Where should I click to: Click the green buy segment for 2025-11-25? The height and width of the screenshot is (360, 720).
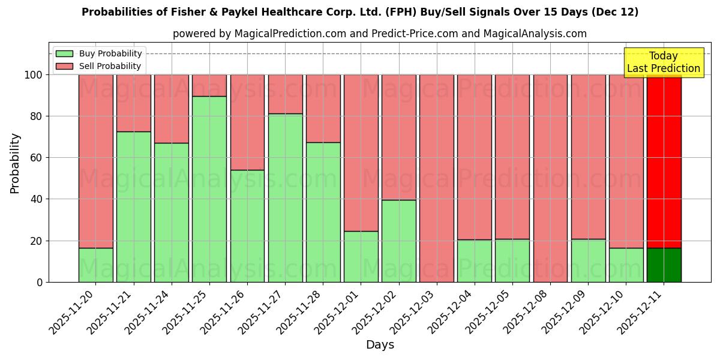[209, 189]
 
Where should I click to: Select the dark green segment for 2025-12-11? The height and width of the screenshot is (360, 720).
[664, 265]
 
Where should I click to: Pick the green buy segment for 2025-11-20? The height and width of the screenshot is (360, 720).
[95, 265]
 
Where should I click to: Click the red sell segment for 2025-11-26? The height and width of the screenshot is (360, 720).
[247, 122]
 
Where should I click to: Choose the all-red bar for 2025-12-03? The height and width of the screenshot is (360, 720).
[437, 178]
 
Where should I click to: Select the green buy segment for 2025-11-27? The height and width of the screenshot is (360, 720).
[285, 197]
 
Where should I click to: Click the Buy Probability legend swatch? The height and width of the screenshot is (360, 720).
[64, 53]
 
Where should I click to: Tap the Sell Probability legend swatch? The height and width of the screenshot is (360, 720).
[64, 66]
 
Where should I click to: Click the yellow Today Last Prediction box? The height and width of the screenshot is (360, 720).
[664, 62]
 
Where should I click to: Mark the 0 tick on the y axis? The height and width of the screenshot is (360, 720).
[40, 282]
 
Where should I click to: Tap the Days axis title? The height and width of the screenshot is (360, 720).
[380, 345]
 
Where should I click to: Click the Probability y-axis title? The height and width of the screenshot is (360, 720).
[15, 163]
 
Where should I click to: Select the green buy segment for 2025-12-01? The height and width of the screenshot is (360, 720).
[361, 256]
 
